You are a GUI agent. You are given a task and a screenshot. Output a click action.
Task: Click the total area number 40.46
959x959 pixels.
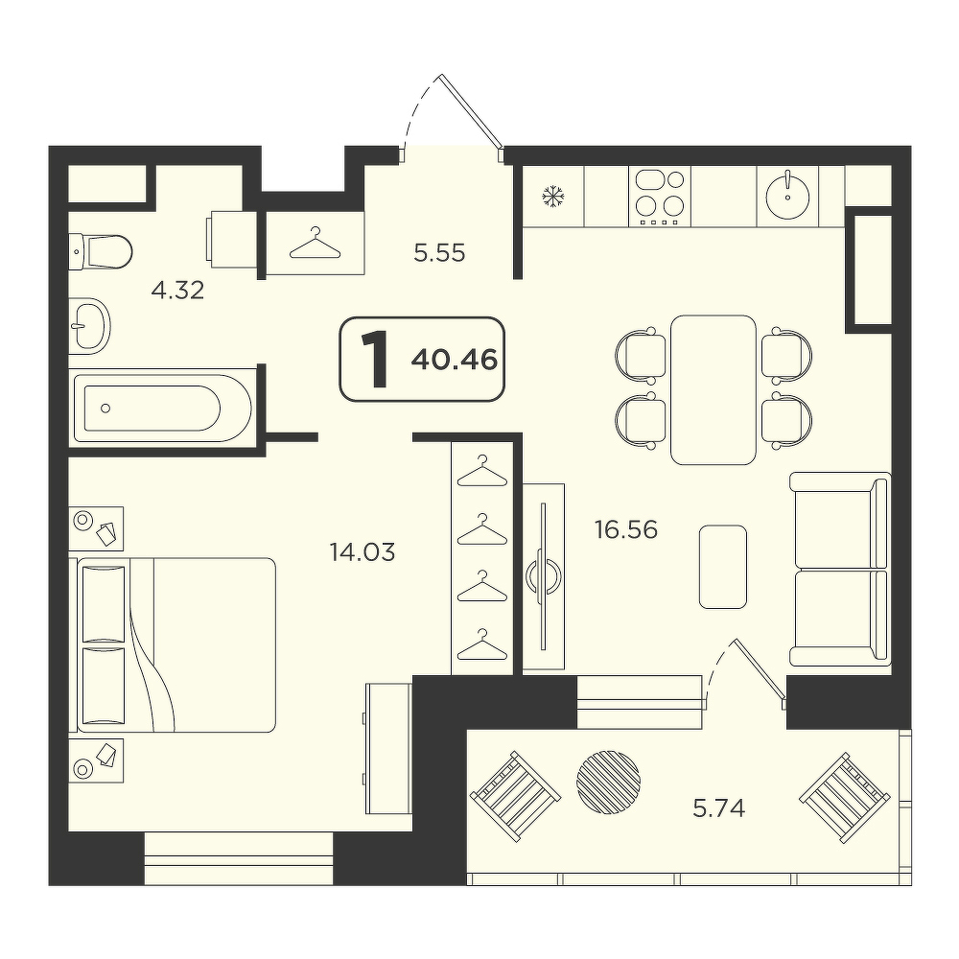(454, 361)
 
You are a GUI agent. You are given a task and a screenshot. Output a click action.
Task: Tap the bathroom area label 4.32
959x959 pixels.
(177, 291)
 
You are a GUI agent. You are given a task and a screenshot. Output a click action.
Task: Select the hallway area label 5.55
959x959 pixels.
(439, 252)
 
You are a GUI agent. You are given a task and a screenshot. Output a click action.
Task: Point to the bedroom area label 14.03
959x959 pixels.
(363, 552)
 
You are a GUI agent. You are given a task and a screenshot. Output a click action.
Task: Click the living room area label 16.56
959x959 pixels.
(626, 529)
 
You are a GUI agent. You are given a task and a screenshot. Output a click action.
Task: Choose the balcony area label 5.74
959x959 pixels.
(718, 809)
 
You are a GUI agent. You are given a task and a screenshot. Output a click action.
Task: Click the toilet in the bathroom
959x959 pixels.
(101, 251)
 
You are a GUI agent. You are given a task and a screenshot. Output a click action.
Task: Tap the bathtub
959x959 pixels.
(163, 408)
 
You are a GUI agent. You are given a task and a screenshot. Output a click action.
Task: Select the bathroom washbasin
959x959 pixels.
(90, 326)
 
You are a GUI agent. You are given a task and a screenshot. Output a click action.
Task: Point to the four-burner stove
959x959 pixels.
(660, 197)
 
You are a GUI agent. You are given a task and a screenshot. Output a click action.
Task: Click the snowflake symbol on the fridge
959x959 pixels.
(553, 197)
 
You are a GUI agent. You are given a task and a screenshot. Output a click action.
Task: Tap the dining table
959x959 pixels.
(713, 390)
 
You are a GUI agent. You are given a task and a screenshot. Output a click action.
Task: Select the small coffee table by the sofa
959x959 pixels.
(723, 567)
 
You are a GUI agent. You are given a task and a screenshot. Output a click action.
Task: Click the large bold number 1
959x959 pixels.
(376, 361)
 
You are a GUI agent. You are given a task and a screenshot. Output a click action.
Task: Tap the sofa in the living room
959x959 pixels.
(840, 569)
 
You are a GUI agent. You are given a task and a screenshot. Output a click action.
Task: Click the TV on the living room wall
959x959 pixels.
(543, 575)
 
